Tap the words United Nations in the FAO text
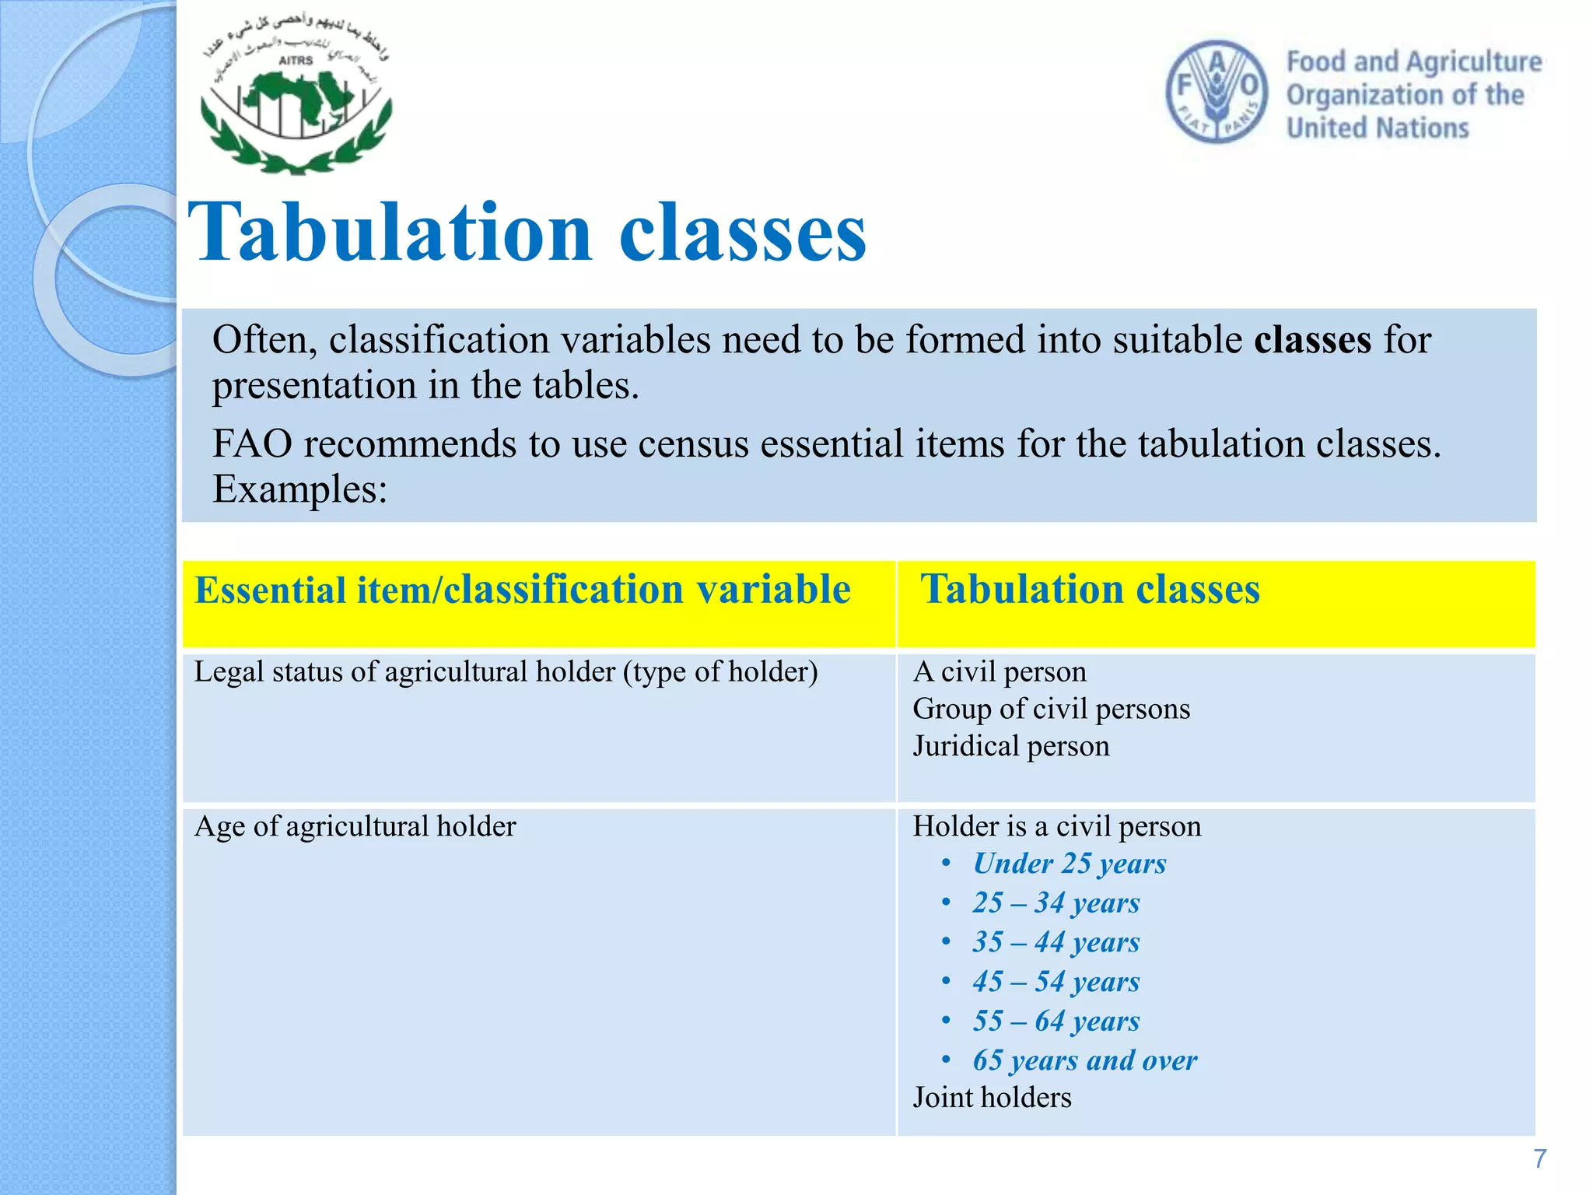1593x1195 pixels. (1378, 128)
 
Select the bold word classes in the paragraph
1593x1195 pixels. (1312, 341)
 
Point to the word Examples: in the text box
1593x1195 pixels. (299, 489)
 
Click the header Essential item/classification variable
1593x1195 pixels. (522, 590)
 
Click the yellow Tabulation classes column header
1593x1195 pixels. (1090, 590)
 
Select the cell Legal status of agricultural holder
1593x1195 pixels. (506, 672)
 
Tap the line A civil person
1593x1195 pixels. (1000, 672)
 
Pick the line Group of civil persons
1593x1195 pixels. (1051, 710)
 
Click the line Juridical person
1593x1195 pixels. (1010, 747)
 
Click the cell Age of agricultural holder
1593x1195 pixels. (355, 826)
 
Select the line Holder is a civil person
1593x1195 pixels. (1056, 826)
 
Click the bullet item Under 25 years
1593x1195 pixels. (1069, 864)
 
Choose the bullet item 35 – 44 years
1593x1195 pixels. (1056, 943)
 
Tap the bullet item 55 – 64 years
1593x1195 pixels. (1056, 1022)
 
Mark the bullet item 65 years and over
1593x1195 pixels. (1084, 1061)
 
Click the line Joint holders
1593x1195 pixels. (992, 1098)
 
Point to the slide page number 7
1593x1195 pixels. (1539, 1159)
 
